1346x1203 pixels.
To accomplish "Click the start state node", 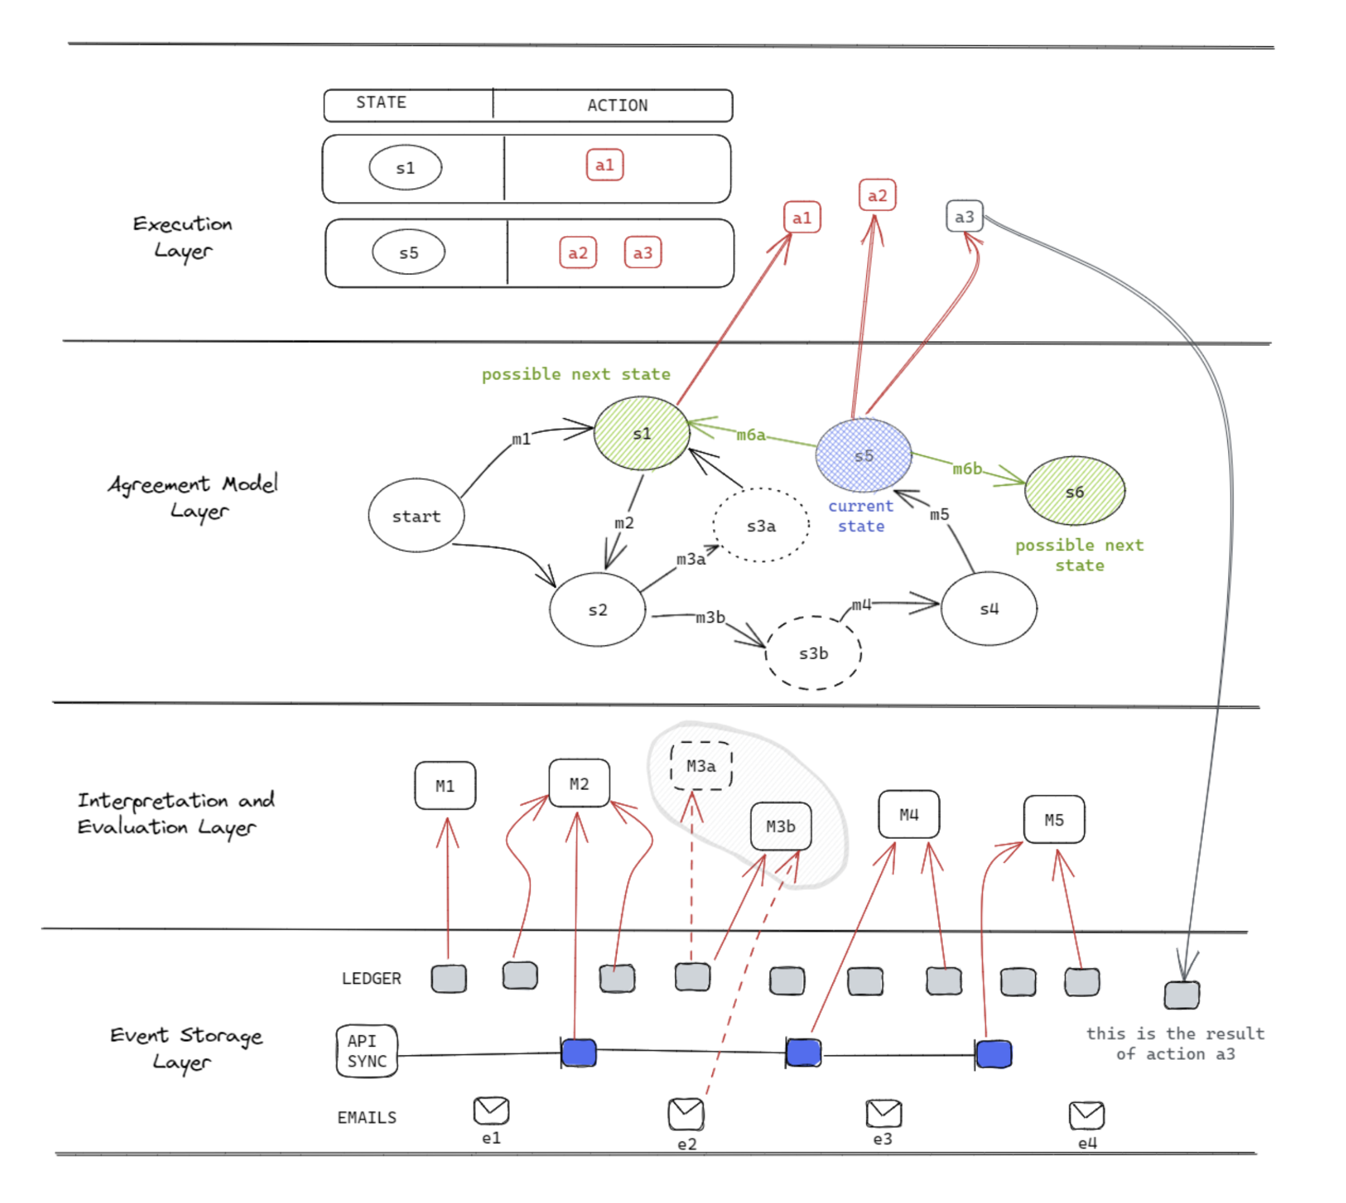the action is pyautogui.click(x=416, y=515).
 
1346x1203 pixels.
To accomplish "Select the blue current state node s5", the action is pyautogui.click(x=864, y=455).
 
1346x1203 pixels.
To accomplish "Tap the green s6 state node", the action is pyautogui.click(x=1075, y=490).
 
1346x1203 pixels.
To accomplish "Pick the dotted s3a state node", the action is pyautogui.click(x=762, y=526).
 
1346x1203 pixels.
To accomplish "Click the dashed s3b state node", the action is pyautogui.click(x=814, y=653).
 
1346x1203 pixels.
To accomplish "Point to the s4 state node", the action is pyautogui.click(x=989, y=608).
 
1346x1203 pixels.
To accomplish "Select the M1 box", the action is pyautogui.click(x=445, y=785).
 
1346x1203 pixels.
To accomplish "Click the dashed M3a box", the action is pyautogui.click(x=701, y=765).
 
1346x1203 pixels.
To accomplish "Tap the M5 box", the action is pyautogui.click(x=1055, y=819).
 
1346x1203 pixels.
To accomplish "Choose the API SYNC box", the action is pyautogui.click(x=367, y=1051).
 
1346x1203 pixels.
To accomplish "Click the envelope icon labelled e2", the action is pyautogui.click(x=687, y=1114).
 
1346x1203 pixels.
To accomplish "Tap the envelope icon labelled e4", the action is pyautogui.click(x=1087, y=1116).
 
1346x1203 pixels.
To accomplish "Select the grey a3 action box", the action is pyautogui.click(x=965, y=216).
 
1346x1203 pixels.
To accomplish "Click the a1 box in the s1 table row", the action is pyautogui.click(x=605, y=165).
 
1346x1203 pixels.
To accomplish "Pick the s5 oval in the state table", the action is pyautogui.click(x=409, y=252).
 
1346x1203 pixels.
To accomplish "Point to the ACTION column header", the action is pyautogui.click(x=618, y=105).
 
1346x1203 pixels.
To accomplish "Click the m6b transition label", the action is pyautogui.click(x=967, y=468).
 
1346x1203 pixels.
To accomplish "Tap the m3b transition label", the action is pyautogui.click(x=710, y=617).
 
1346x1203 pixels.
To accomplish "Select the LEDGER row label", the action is pyautogui.click(x=372, y=978).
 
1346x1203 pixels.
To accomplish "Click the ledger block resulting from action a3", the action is pyautogui.click(x=1182, y=995).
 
